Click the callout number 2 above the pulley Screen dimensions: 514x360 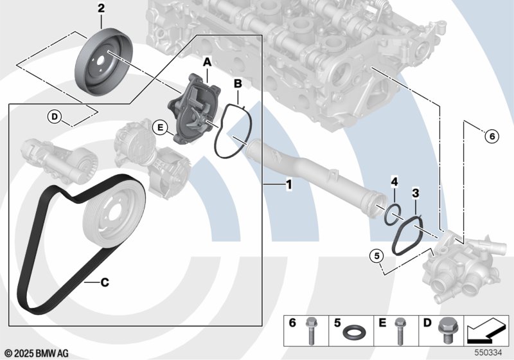pyautogui.click(x=102, y=8)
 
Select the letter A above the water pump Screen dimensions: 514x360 pyautogui.click(x=207, y=62)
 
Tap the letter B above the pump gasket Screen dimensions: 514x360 pyautogui.click(x=238, y=84)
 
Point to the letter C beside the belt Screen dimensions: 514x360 pyautogui.click(x=105, y=282)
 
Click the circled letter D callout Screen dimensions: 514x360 pyautogui.click(x=55, y=116)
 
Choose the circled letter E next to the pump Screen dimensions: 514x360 pyautogui.click(x=160, y=127)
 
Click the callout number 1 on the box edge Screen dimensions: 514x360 pyautogui.click(x=288, y=184)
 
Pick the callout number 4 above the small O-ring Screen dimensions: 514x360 pyautogui.click(x=394, y=182)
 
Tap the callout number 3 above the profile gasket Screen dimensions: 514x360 pyautogui.click(x=415, y=193)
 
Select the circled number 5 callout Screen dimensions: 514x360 pyautogui.click(x=377, y=255)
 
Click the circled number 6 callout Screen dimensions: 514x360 pyautogui.click(x=492, y=136)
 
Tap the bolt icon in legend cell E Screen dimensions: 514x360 pyautogui.click(x=399, y=331)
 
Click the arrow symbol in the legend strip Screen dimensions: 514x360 pyautogui.click(x=486, y=330)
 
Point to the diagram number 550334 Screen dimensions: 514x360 pyautogui.click(x=488, y=352)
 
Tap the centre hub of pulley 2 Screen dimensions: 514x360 pyautogui.click(x=101, y=60)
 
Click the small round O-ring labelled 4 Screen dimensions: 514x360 pyautogui.click(x=393, y=215)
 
